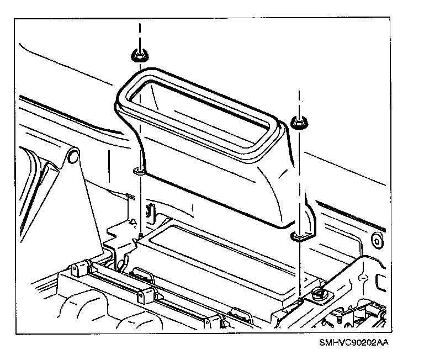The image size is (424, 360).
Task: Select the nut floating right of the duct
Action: [x=299, y=123]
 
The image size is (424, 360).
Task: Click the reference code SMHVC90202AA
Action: [x=353, y=342]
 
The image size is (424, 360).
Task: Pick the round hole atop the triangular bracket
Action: [x=72, y=158]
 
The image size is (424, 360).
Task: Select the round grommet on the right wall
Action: [x=377, y=241]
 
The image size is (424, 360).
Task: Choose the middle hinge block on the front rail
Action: [x=145, y=293]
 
